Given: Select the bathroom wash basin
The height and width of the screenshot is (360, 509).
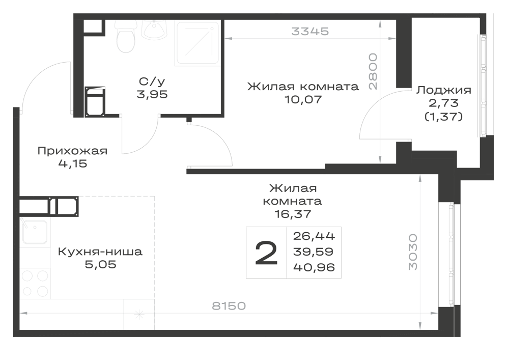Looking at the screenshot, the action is tap(155, 29).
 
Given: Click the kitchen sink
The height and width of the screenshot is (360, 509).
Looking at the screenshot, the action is tap(34, 232).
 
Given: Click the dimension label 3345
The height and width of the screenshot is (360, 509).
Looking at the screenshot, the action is tap(310, 31).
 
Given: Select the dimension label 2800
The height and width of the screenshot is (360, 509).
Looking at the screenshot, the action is tap(373, 71).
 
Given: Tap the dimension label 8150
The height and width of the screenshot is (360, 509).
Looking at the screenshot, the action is tap(229, 306).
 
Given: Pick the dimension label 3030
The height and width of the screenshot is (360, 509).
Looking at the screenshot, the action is tap(413, 252).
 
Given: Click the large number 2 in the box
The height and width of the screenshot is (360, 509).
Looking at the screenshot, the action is tap(266, 253).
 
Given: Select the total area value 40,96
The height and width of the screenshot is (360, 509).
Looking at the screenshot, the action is tap(314, 267).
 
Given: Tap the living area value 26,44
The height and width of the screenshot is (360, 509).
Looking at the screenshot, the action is tap(314, 236).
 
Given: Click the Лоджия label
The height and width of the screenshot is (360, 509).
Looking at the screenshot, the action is tap(444, 90).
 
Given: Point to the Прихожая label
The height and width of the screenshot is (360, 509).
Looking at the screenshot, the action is tap(72, 151).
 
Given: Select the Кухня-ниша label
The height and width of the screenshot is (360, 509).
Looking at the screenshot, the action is tap(100, 252).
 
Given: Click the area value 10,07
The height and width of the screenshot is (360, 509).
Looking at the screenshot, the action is tap(303, 99).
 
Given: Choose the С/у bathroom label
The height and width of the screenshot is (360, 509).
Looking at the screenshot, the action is tap(152, 81).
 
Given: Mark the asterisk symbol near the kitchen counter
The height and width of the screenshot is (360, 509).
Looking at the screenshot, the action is tap(139, 314).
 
